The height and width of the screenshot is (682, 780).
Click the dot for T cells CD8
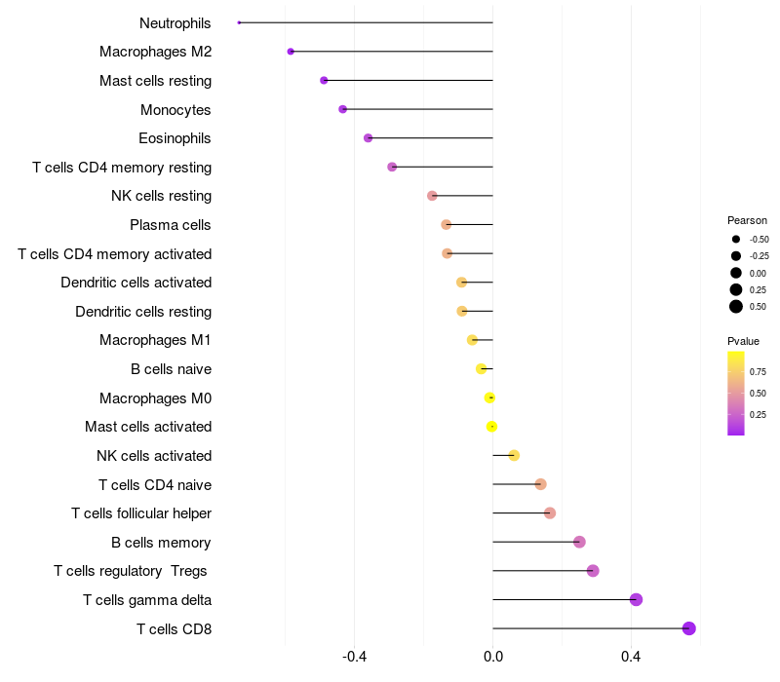pyautogui.click(x=689, y=628)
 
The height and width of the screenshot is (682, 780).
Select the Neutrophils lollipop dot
pyautogui.click(x=239, y=22)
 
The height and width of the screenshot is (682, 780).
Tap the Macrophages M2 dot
pyautogui.click(x=291, y=51)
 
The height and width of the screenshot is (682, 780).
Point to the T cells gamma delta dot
pyautogui.click(x=637, y=599)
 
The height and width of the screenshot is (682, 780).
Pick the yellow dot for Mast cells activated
pyautogui.click(x=492, y=426)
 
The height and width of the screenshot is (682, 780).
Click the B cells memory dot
pyautogui.click(x=579, y=542)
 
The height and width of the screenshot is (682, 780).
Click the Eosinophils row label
pyautogui.click(x=175, y=138)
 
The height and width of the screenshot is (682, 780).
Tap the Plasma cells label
pyautogui.click(x=171, y=225)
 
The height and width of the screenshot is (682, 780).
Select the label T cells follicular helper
pyautogui.click(x=141, y=512)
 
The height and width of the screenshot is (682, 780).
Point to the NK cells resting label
pyautogui.click(x=161, y=196)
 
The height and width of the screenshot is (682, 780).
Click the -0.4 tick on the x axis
pyautogui.click(x=355, y=657)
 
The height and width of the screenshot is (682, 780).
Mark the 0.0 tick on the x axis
pyautogui.click(x=493, y=657)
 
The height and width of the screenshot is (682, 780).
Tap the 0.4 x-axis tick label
pyautogui.click(x=632, y=657)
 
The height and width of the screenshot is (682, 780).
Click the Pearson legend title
pyautogui.click(x=747, y=220)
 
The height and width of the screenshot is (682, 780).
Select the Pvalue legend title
pyautogui.click(x=743, y=341)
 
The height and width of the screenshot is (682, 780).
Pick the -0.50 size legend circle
pyautogui.click(x=736, y=239)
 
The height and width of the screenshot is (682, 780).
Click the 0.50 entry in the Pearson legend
pyautogui.click(x=736, y=306)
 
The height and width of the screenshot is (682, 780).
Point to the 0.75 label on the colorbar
pyautogui.click(x=758, y=371)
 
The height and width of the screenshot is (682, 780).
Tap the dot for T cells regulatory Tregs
pyautogui.click(x=593, y=570)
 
